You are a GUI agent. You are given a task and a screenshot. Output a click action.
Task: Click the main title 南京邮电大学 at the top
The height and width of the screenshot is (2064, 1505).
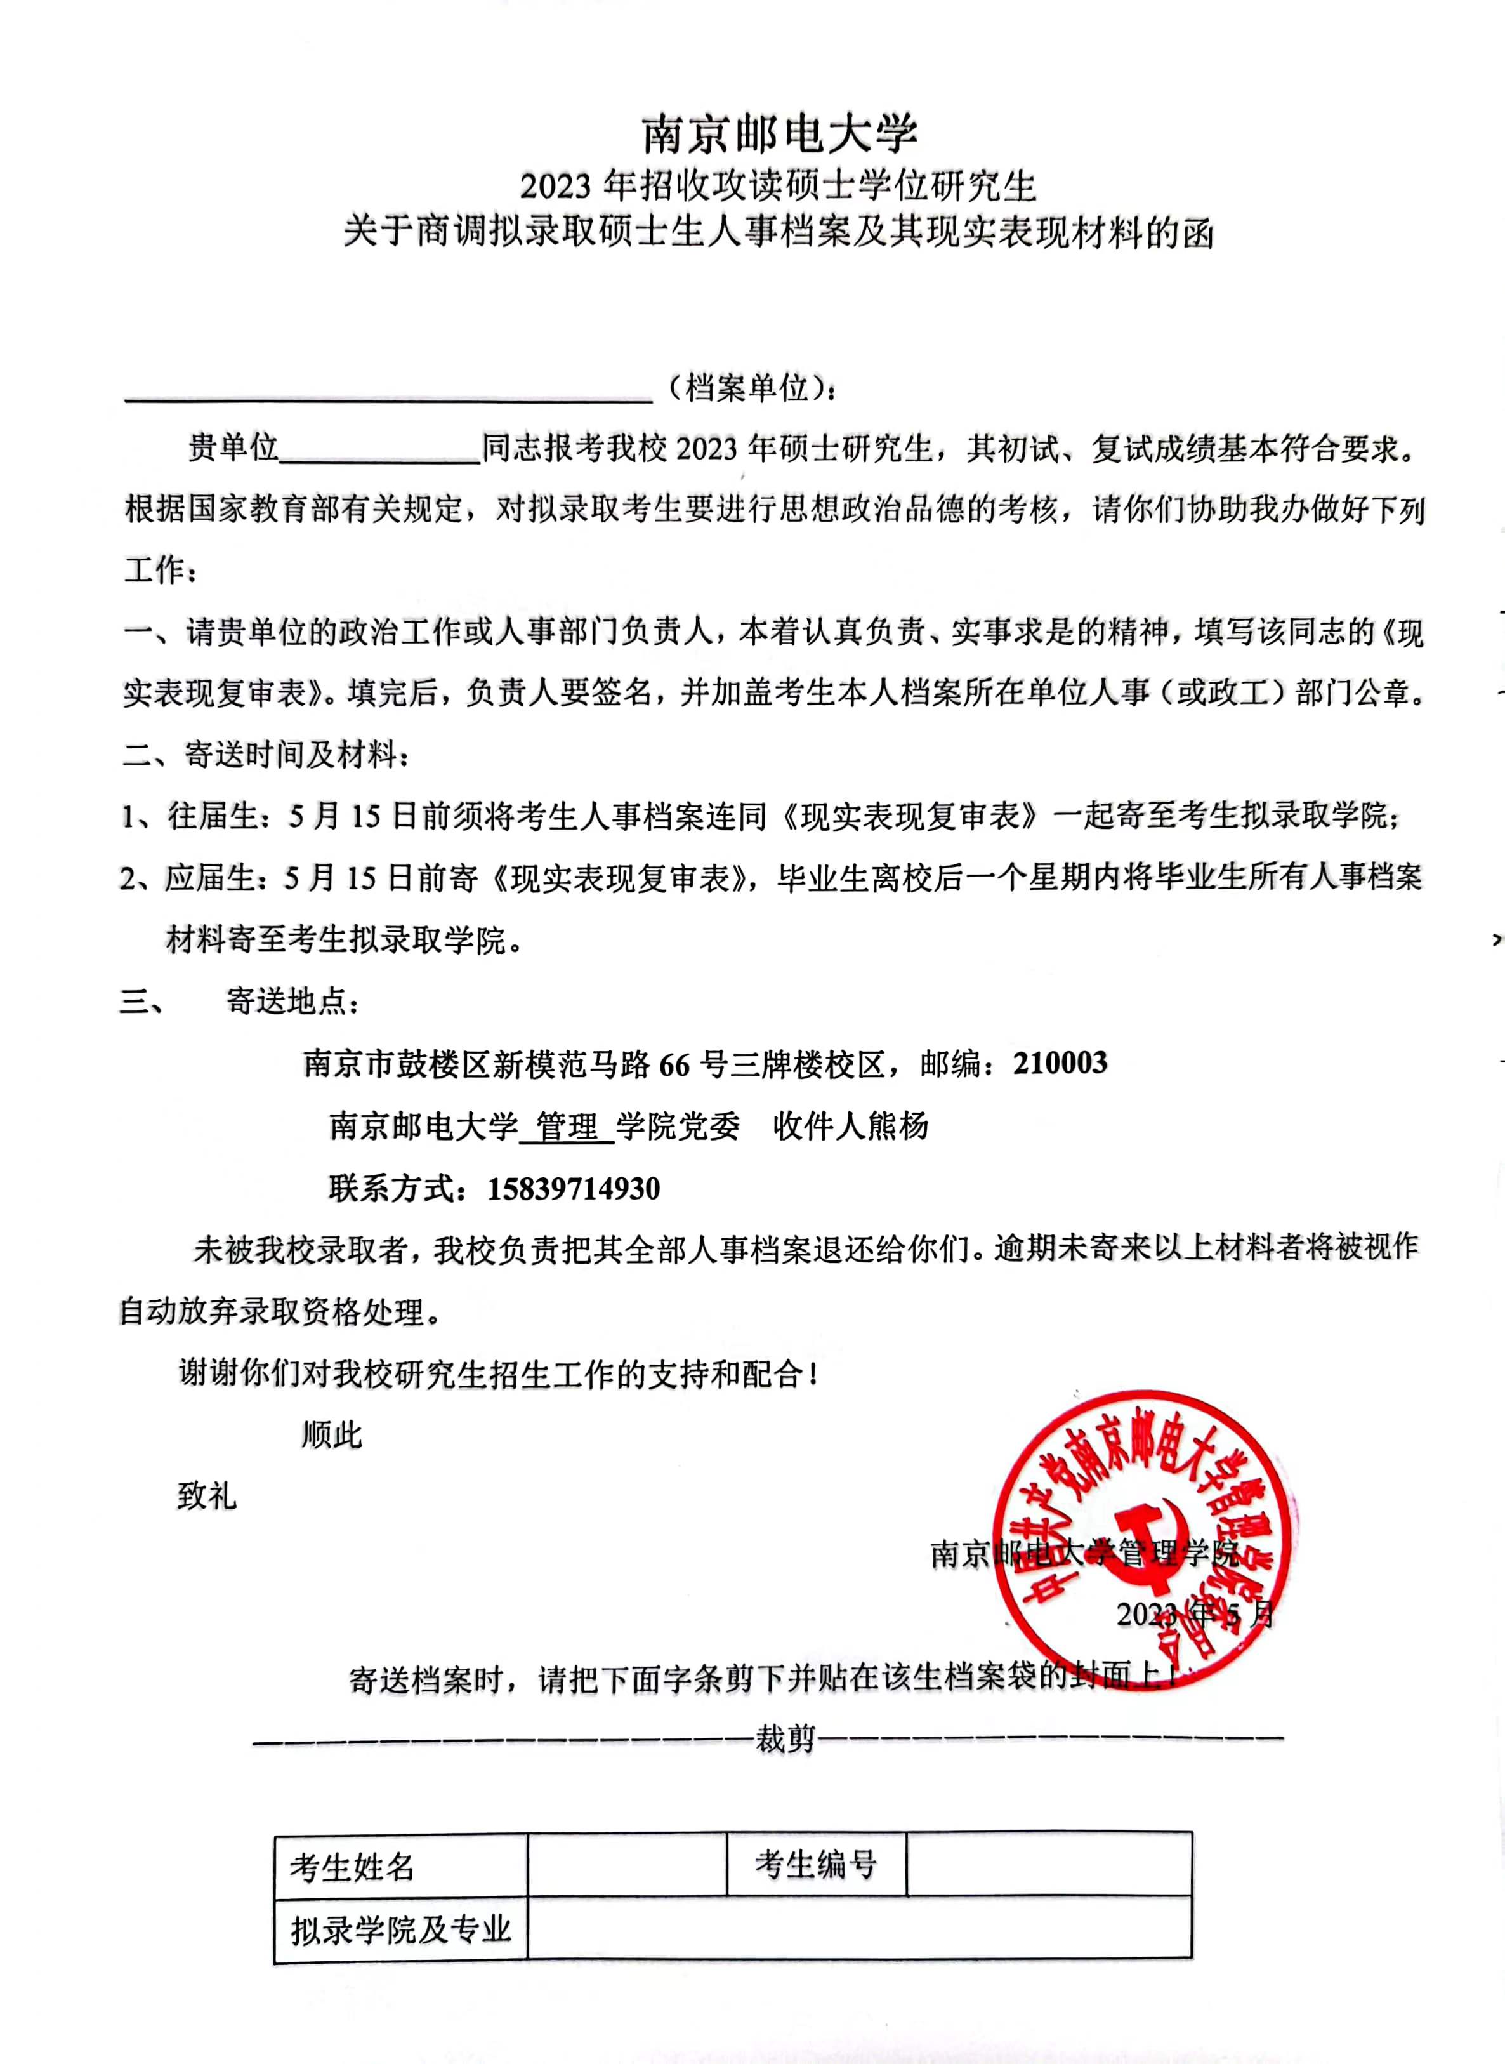coord(780,135)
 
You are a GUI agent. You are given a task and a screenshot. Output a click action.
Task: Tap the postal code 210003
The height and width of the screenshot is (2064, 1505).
coord(1060,1062)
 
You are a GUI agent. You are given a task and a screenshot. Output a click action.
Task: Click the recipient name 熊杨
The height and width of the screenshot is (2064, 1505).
coord(897,1127)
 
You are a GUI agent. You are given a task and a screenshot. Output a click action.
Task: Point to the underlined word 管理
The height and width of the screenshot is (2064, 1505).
coord(567,1127)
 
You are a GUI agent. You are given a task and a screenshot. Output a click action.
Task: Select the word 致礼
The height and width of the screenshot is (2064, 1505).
coord(207,1497)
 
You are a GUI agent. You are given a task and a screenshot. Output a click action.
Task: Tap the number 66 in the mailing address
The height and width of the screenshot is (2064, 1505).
coord(674,1064)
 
